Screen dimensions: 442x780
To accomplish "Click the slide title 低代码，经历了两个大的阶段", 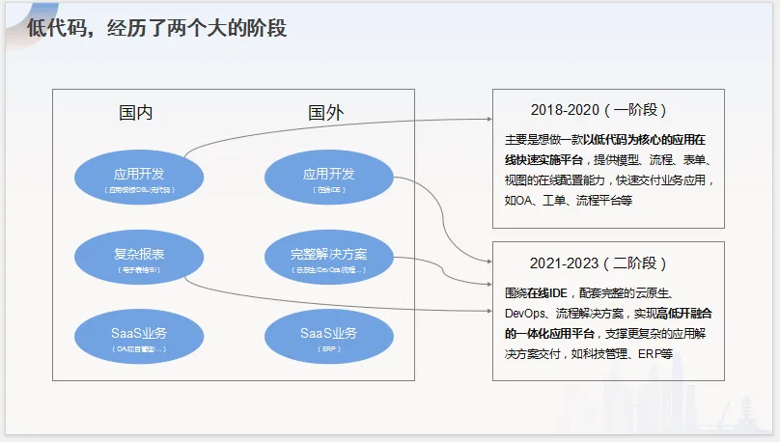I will click(156, 29).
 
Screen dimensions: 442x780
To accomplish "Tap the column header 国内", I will click(135, 113).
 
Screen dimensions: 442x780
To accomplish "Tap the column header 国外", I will click(325, 113).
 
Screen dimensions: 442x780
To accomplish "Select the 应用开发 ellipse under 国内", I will click(139, 179).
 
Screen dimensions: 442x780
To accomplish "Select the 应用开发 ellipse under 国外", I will click(328, 179).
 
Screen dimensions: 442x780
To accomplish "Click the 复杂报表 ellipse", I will click(139, 259).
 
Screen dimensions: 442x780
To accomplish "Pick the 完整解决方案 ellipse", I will click(328, 259).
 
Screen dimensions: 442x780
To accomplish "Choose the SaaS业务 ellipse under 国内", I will click(139, 338).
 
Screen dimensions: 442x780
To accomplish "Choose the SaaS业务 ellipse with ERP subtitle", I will click(328, 338).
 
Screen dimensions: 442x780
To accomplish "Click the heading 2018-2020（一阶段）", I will click(599, 110).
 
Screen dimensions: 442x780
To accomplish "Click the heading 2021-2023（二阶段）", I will click(599, 262).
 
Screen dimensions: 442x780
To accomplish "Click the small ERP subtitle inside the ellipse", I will click(328, 348).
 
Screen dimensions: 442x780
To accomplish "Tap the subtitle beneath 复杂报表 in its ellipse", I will click(139, 270).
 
